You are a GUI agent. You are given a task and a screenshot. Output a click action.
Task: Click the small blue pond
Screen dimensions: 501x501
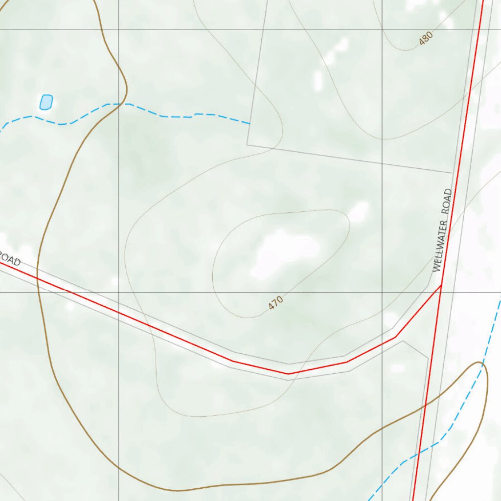tap(46, 102)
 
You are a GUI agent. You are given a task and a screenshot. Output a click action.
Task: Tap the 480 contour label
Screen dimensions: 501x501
tap(426, 39)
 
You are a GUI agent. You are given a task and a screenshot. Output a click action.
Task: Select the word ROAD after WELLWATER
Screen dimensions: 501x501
tap(446, 201)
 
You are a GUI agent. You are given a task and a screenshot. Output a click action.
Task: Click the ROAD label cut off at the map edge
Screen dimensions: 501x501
tap(10, 259)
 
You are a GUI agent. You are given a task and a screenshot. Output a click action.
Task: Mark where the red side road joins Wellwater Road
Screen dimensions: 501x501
tap(441, 285)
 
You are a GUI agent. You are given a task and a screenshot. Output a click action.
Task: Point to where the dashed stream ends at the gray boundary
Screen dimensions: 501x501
tap(250, 124)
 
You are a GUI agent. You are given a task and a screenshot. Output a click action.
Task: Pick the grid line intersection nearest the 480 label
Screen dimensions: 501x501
tap(382, 29)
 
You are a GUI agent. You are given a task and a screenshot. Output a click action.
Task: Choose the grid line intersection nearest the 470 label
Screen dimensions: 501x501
tap(382, 293)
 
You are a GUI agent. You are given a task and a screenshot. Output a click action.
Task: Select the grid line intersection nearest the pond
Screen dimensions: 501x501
tap(118, 29)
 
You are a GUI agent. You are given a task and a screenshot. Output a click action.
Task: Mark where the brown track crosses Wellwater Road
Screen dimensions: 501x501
tap(425, 405)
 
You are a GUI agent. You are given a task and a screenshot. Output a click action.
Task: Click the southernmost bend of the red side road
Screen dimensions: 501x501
tap(288, 374)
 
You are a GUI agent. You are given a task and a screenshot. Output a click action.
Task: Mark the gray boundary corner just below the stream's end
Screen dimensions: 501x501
tap(247, 145)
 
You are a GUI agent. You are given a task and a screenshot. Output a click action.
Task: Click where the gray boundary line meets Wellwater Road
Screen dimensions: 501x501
tap(453, 172)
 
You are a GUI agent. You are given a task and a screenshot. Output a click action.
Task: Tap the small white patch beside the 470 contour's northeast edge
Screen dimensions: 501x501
tap(359, 212)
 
